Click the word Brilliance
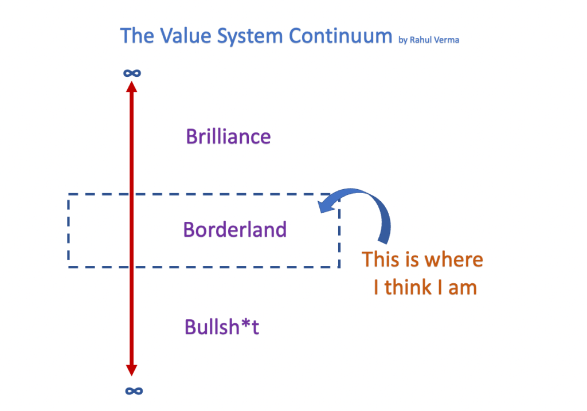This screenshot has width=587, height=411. (228, 137)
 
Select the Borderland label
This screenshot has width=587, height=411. (234, 230)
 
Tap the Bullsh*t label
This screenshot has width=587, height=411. (221, 327)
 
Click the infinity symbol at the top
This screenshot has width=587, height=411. (132, 73)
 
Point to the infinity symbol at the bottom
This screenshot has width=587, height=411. (134, 391)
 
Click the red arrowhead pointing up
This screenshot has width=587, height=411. (132, 86)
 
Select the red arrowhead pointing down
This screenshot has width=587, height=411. (132, 370)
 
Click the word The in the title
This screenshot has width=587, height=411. (136, 36)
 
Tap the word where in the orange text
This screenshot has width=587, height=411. (453, 260)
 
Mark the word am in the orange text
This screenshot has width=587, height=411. (463, 287)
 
